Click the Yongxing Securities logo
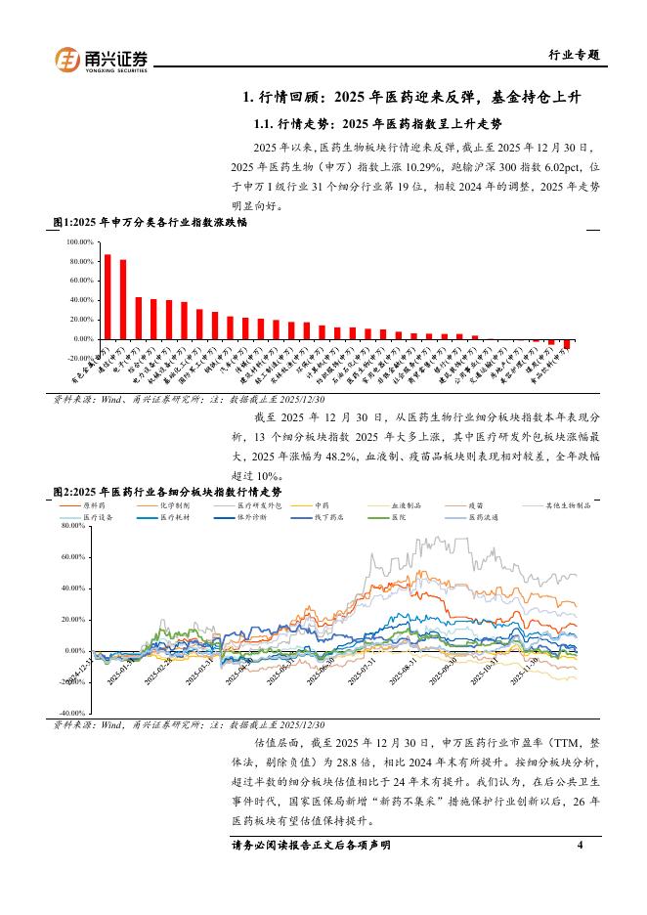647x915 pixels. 101,60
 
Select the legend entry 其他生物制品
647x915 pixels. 569,505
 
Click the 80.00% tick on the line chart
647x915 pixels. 73,526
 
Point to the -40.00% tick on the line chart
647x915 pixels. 72,714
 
